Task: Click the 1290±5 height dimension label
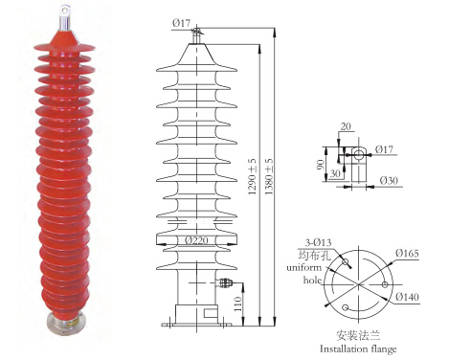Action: click(253, 176)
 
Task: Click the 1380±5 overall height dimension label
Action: click(269, 176)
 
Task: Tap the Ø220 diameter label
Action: click(196, 240)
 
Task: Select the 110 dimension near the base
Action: click(237, 304)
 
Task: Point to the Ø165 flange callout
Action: click(407, 254)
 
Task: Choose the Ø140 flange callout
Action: click(407, 297)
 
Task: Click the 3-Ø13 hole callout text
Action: click(318, 242)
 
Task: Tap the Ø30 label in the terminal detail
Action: click(389, 181)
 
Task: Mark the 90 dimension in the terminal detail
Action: click(320, 165)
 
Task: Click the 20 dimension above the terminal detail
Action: click(346, 126)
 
